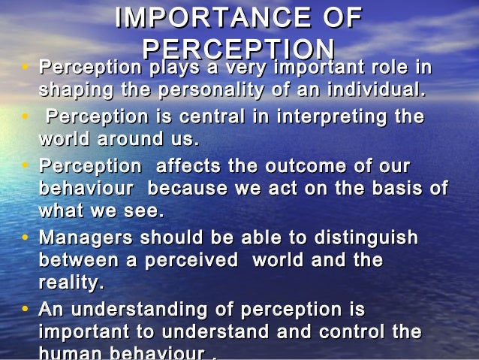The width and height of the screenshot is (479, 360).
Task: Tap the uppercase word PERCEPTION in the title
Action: click(238, 50)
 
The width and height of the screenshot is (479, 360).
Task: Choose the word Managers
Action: click(83, 237)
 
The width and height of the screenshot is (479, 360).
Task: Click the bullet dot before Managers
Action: click(27, 238)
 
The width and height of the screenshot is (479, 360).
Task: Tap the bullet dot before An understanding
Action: click(27, 310)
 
